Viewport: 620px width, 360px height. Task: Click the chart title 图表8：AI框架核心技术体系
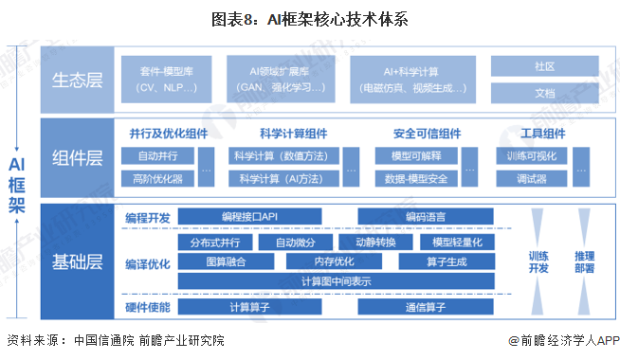pyautogui.click(x=310, y=18)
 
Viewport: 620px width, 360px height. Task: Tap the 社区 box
pyautogui.click(x=544, y=66)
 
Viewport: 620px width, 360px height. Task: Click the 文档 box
pyautogui.click(x=544, y=93)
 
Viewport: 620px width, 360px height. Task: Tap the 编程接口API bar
pyautogui.click(x=249, y=217)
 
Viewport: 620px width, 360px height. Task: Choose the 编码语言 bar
pyautogui.click(x=427, y=217)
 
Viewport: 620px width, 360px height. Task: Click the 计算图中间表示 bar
pyautogui.click(x=337, y=281)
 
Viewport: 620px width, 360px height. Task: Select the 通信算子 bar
pyautogui.click(x=427, y=308)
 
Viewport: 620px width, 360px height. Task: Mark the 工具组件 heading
pyautogui.click(x=543, y=133)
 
